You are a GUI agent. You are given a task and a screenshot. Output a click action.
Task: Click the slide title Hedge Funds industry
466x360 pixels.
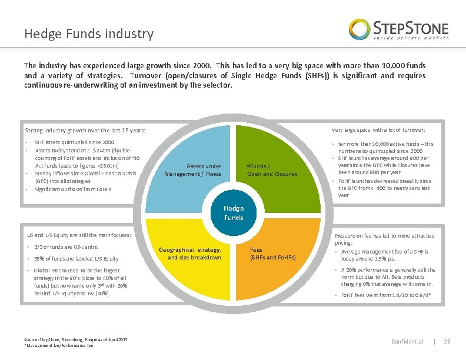[x=89, y=34]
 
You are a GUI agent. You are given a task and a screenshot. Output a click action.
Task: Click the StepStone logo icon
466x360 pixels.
[x=360, y=29]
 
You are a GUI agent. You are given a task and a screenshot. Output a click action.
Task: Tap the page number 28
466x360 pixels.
[x=446, y=342]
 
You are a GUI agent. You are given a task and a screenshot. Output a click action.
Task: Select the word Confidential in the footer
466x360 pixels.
[x=407, y=342]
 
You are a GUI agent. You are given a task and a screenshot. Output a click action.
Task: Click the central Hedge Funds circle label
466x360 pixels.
[x=233, y=213]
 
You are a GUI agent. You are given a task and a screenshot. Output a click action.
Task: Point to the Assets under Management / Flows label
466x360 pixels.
[x=192, y=170]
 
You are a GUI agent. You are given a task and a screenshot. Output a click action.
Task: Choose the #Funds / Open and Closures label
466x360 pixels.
[x=272, y=170]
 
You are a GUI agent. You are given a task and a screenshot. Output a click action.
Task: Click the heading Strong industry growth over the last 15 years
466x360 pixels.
[x=85, y=131]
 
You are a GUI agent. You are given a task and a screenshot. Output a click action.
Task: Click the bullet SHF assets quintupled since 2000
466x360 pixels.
[x=75, y=142]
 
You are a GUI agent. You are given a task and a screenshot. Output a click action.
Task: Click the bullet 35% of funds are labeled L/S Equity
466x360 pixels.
[x=76, y=259]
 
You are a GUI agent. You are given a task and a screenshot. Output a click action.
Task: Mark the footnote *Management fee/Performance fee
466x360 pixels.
[x=58, y=345]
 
